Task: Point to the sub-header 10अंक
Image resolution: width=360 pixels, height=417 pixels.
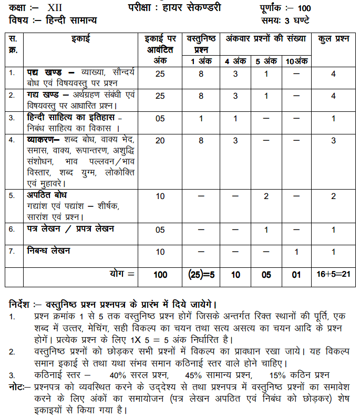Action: [x=297, y=61]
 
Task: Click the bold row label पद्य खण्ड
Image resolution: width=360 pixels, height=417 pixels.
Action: [x=45, y=72]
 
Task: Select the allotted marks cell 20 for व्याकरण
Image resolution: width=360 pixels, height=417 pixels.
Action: [x=160, y=140]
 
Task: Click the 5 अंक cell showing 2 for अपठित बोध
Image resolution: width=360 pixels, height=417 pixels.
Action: [x=266, y=196]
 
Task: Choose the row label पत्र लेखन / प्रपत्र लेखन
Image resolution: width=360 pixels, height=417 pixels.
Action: [x=70, y=229]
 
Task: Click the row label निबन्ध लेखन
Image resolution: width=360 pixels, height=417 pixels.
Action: [x=48, y=251]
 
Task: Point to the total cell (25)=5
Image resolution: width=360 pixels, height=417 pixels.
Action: [x=201, y=274]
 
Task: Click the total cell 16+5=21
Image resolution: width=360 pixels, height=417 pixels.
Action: [x=334, y=274]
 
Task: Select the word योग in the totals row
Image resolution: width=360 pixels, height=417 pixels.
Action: [x=119, y=274]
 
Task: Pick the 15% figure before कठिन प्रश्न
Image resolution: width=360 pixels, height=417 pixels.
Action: [x=277, y=375]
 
